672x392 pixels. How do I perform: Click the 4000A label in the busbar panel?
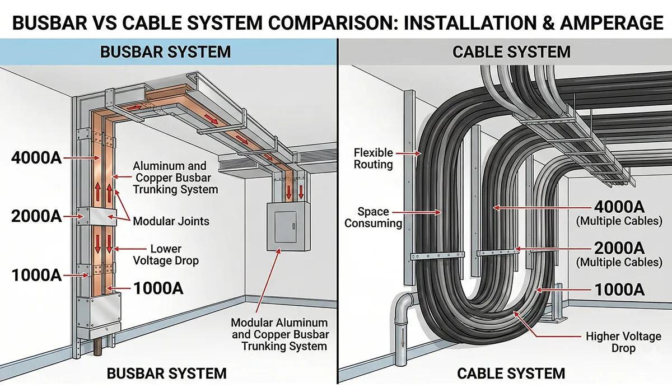pyautogui.click(x=36, y=158)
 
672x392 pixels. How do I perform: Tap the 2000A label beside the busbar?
pyautogui.click(x=36, y=216)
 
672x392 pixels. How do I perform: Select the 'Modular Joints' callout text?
pyautogui.click(x=171, y=221)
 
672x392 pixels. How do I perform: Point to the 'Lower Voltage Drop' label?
pyautogui.click(x=166, y=255)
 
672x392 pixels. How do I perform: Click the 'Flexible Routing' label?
pyautogui.click(x=373, y=158)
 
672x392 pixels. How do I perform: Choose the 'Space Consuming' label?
pyautogui.click(x=373, y=217)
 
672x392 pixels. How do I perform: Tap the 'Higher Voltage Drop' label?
pyautogui.click(x=623, y=342)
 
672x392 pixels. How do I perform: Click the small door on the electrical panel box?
pyautogui.click(x=286, y=226)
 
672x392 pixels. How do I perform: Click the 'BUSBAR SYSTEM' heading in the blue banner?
pyautogui.click(x=166, y=52)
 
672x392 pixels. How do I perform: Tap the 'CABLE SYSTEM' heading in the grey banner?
pyautogui.click(x=511, y=52)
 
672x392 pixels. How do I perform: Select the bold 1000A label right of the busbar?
pyautogui.click(x=158, y=288)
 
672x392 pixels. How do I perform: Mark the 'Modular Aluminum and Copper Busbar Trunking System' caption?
pyautogui.click(x=280, y=334)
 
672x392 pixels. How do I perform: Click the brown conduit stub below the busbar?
pyautogui.click(x=98, y=347)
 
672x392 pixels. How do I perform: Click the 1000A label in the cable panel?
pyautogui.click(x=619, y=290)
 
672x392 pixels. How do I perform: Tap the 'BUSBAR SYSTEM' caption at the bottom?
pyautogui.click(x=166, y=374)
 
